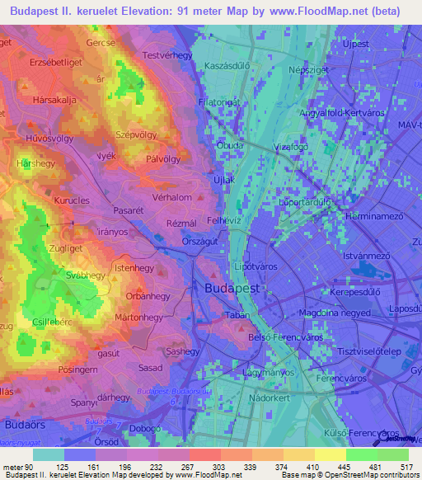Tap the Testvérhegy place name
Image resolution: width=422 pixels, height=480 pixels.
(166, 55)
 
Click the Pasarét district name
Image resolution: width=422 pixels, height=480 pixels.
(129, 211)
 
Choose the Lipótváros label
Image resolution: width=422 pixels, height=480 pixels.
(255, 267)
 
